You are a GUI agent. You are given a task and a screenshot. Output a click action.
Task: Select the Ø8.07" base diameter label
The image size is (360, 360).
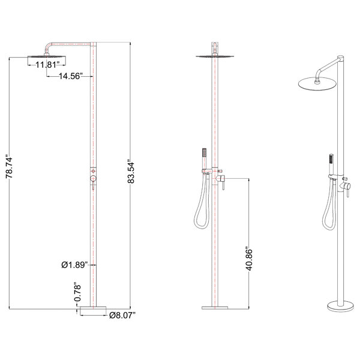[123, 314]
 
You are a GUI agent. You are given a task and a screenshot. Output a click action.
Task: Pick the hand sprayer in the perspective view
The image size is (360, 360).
[329, 162]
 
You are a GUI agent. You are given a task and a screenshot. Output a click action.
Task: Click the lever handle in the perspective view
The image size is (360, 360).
[347, 191]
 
